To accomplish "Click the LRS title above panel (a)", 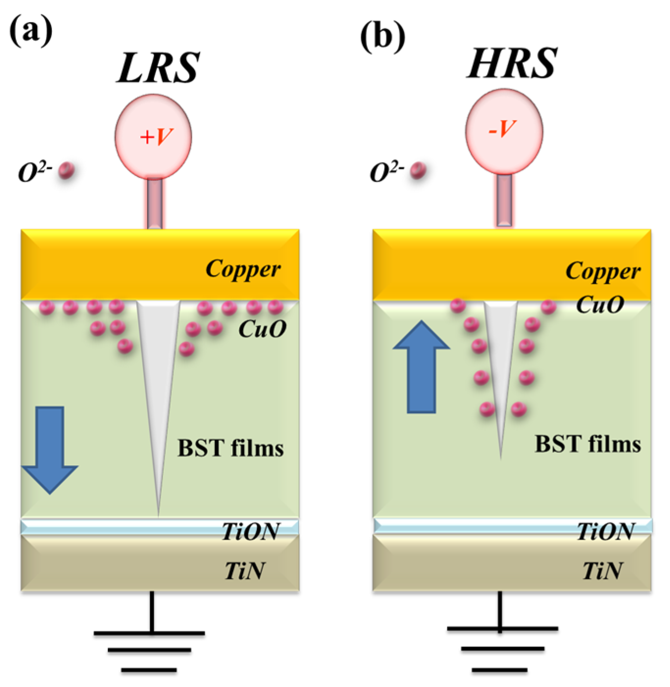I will pyautogui.click(x=158, y=68).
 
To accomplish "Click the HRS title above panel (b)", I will pyautogui.click(x=512, y=63).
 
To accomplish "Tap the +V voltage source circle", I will pyautogui.click(x=153, y=137).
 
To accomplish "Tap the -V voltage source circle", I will pyautogui.click(x=504, y=130).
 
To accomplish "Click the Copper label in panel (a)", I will pyautogui.click(x=243, y=269).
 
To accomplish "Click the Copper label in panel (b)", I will pyautogui.click(x=602, y=271).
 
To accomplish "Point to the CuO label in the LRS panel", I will pyautogui.click(x=262, y=329).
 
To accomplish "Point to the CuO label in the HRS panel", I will pyautogui.click(x=599, y=305).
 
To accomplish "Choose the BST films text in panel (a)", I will pyautogui.click(x=230, y=448).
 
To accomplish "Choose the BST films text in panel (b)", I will pyautogui.click(x=587, y=444).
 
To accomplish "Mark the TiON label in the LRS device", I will pyautogui.click(x=250, y=531).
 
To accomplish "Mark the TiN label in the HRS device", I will pyautogui.click(x=602, y=571).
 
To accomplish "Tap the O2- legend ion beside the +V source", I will pyautogui.click(x=66, y=171).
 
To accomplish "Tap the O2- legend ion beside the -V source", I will pyautogui.click(x=418, y=171).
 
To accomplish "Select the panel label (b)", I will pyautogui.click(x=382, y=37).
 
